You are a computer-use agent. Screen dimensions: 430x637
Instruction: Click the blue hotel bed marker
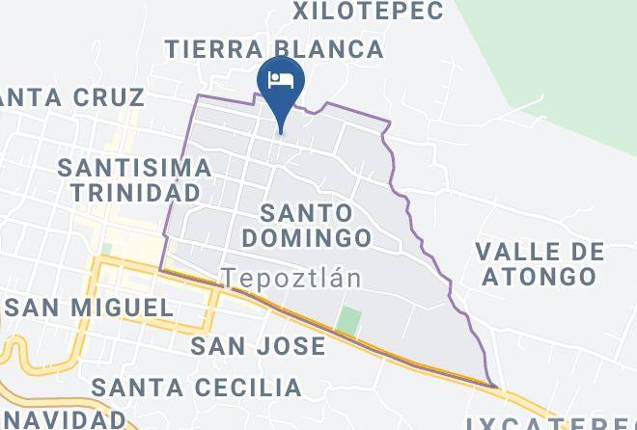pyautogui.click(x=281, y=85)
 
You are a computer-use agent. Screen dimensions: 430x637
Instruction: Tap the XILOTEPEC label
pyautogui.click(x=368, y=12)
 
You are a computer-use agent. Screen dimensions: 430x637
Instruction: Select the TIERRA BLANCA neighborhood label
pyautogui.click(x=273, y=48)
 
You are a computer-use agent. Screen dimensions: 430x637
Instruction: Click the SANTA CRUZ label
pyautogui.click(x=72, y=96)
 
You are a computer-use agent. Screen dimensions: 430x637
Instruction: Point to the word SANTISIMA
pyautogui.click(x=134, y=167)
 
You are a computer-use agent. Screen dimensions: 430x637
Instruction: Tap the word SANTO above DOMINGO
pyautogui.click(x=307, y=211)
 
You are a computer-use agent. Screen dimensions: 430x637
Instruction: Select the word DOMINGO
pyautogui.click(x=307, y=237)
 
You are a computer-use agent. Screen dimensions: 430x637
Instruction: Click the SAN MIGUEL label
pyautogui.click(x=88, y=309)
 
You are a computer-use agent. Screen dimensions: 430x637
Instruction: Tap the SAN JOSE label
pyautogui.click(x=258, y=346)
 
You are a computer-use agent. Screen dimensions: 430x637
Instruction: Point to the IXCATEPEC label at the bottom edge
pyautogui.click(x=550, y=424)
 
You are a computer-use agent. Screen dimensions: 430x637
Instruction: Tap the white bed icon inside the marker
pyautogui.click(x=281, y=78)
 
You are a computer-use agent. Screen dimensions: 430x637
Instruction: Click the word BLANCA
pyautogui.click(x=329, y=48)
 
